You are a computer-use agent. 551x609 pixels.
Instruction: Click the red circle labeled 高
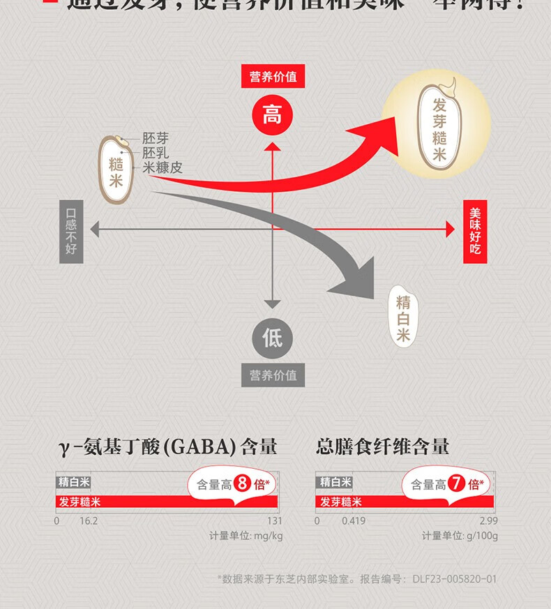(272, 115)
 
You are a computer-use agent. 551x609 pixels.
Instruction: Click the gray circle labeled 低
(272, 338)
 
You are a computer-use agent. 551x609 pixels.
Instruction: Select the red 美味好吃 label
(475, 232)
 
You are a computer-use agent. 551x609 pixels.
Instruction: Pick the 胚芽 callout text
(155, 139)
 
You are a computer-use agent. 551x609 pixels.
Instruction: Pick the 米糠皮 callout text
(162, 167)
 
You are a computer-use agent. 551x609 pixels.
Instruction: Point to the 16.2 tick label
(89, 521)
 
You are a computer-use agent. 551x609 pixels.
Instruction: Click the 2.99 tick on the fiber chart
(488, 521)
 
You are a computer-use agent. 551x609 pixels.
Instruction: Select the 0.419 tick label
(354, 521)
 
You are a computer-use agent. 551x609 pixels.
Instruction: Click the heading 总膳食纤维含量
(383, 446)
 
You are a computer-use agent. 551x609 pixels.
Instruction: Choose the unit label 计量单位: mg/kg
(246, 536)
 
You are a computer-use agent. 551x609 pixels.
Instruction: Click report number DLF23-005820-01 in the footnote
(454, 579)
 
